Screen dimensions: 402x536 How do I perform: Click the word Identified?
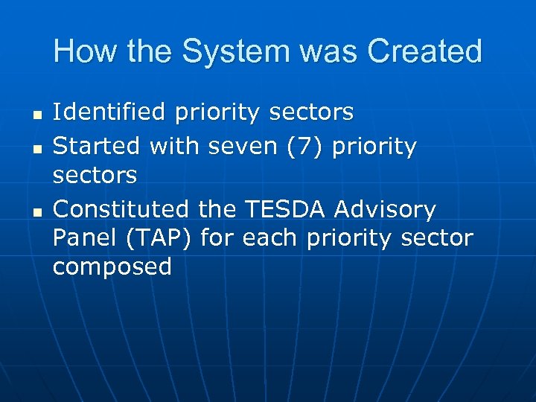(109, 112)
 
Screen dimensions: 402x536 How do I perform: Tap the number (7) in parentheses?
(304, 147)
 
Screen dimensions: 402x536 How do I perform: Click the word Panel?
(83, 238)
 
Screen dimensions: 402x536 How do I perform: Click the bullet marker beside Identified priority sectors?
(36, 114)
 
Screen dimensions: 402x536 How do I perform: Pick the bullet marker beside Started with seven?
(36, 148)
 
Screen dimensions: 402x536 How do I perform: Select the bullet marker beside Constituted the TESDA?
(36, 211)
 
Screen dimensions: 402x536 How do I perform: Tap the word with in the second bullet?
(174, 147)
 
